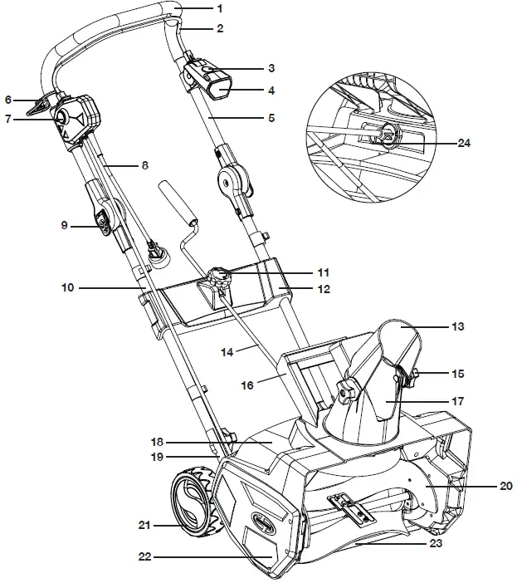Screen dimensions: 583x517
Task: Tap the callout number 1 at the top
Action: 219,8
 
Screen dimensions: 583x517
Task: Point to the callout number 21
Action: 144,525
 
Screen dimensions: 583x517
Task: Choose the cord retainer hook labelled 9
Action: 103,224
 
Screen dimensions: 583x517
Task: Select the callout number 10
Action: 68,288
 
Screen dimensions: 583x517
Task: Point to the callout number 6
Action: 9,99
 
